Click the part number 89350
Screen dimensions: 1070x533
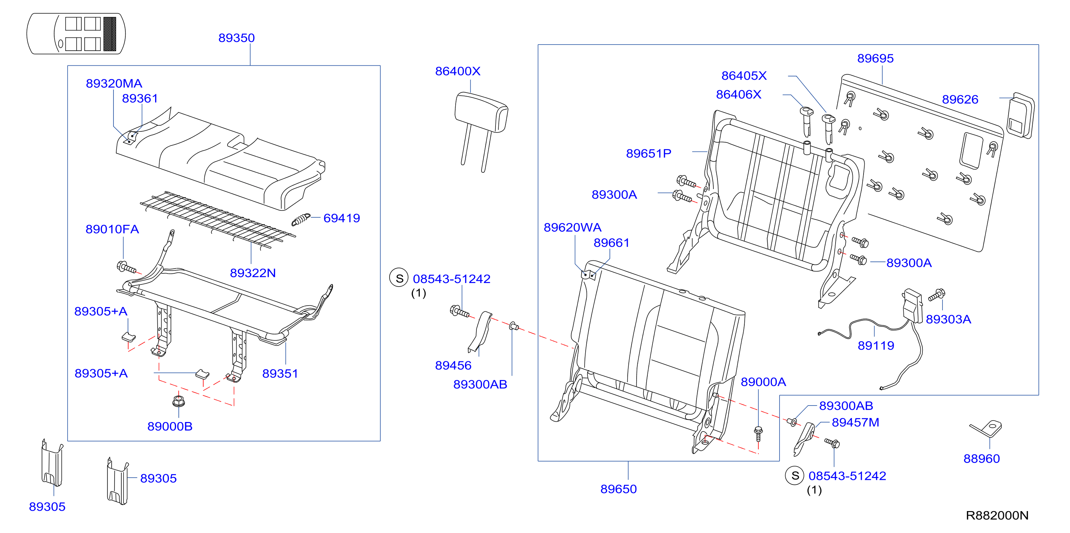(x=236, y=38)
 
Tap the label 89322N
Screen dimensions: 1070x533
(x=252, y=273)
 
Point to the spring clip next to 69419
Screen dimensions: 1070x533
(x=301, y=219)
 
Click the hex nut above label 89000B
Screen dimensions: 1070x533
(x=178, y=401)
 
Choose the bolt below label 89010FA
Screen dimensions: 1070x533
(x=127, y=268)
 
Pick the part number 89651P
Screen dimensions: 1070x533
(x=648, y=153)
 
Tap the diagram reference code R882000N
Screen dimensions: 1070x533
(x=997, y=515)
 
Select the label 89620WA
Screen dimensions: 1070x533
(x=572, y=227)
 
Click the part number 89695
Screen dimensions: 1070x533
(x=875, y=58)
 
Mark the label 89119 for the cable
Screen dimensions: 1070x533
(x=876, y=345)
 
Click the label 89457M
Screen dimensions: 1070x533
(x=855, y=422)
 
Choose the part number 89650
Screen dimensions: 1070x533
(x=619, y=488)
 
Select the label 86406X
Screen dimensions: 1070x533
(x=739, y=94)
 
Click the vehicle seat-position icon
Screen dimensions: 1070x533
(x=76, y=34)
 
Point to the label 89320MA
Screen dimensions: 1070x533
(x=114, y=83)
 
